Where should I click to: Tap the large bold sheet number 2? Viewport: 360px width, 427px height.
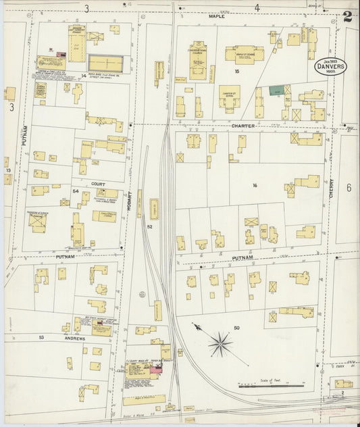(x=347, y=18)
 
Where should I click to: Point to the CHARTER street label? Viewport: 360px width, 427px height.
(x=241, y=126)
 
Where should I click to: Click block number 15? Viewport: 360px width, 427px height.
(x=236, y=71)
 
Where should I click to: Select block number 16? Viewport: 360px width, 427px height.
(x=255, y=185)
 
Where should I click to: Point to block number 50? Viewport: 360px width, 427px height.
(x=236, y=328)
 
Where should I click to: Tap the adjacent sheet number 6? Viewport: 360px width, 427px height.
(x=349, y=188)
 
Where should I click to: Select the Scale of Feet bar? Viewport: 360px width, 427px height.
(x=269, y=387)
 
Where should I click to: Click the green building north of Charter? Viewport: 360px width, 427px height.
(x=276, y=90)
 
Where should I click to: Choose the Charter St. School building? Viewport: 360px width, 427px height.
(x=228, y=97)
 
